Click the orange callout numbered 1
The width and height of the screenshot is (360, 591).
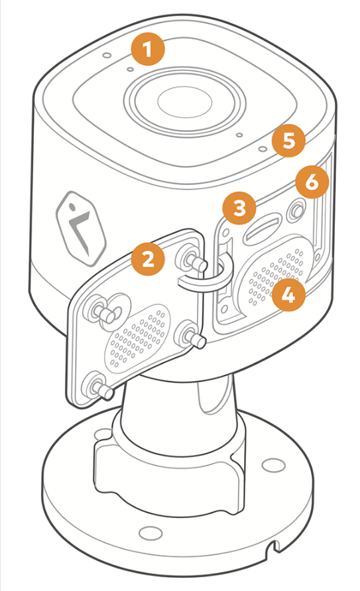[148, 49]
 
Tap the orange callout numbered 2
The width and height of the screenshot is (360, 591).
[148, 259]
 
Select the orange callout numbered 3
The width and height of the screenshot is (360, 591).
[239, 208]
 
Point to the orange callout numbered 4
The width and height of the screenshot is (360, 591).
[288, 295]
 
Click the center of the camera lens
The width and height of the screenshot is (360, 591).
[184, 101]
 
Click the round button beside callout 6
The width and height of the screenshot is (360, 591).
[296, 209]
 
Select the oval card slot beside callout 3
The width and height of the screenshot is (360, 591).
[262, 229]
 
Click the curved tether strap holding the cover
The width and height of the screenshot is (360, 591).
[207, 275]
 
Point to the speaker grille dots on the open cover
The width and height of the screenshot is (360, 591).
[137, 336]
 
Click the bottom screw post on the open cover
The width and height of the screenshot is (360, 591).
[99, 386]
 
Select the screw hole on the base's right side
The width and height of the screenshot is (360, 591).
[273, 465]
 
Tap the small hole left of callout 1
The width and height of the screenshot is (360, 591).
[107, 56]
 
